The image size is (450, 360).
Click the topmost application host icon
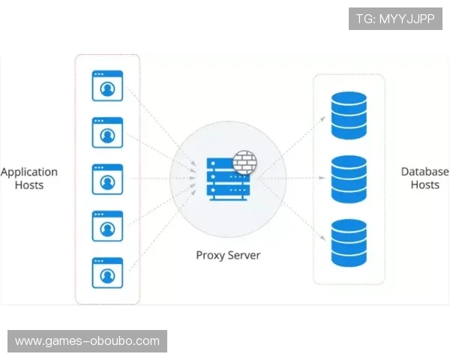click(x=107, y=85)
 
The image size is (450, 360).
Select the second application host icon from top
click(x=107, y=132)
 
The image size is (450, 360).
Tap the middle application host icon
click(x=107, y=178)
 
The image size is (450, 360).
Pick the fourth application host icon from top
click(x=107, y=225)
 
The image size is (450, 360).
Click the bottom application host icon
click(x=107, y=271)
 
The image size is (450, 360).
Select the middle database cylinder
click(x=349, y=178)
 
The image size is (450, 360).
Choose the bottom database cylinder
click(x=349, y=241)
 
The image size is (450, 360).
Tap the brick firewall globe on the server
click(x=242, y=162)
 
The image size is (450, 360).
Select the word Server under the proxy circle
click(x=244, y=255)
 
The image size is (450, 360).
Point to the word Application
click(x=29, y=172)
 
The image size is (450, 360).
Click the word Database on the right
click(x=424, y=172)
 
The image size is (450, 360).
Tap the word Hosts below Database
click(x=424, y=184)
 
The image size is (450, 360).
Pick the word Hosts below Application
click(x=29, y=184)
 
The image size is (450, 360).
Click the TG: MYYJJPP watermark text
click(x=395, y=19)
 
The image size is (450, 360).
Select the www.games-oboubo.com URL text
click(x=87, y=341)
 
